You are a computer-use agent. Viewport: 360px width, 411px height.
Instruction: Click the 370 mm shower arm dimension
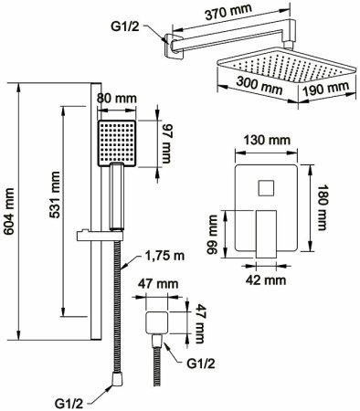(228, 12)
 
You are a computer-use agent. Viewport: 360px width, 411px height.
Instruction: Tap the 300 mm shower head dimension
(259, 86)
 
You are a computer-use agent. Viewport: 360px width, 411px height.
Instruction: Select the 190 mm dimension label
(326, 89)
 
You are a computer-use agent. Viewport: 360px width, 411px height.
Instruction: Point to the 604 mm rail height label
(10, 211)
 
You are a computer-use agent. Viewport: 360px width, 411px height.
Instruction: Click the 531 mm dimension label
(55, 195)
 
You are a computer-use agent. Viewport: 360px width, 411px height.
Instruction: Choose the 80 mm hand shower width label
(117, 99)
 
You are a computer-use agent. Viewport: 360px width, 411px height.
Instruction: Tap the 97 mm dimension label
(167, 143)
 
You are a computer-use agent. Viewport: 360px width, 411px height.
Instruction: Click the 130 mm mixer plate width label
(267, 141)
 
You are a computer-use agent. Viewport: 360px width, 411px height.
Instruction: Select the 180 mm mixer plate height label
(321, 207)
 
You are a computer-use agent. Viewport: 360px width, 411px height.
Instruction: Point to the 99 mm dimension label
(212, 234)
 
